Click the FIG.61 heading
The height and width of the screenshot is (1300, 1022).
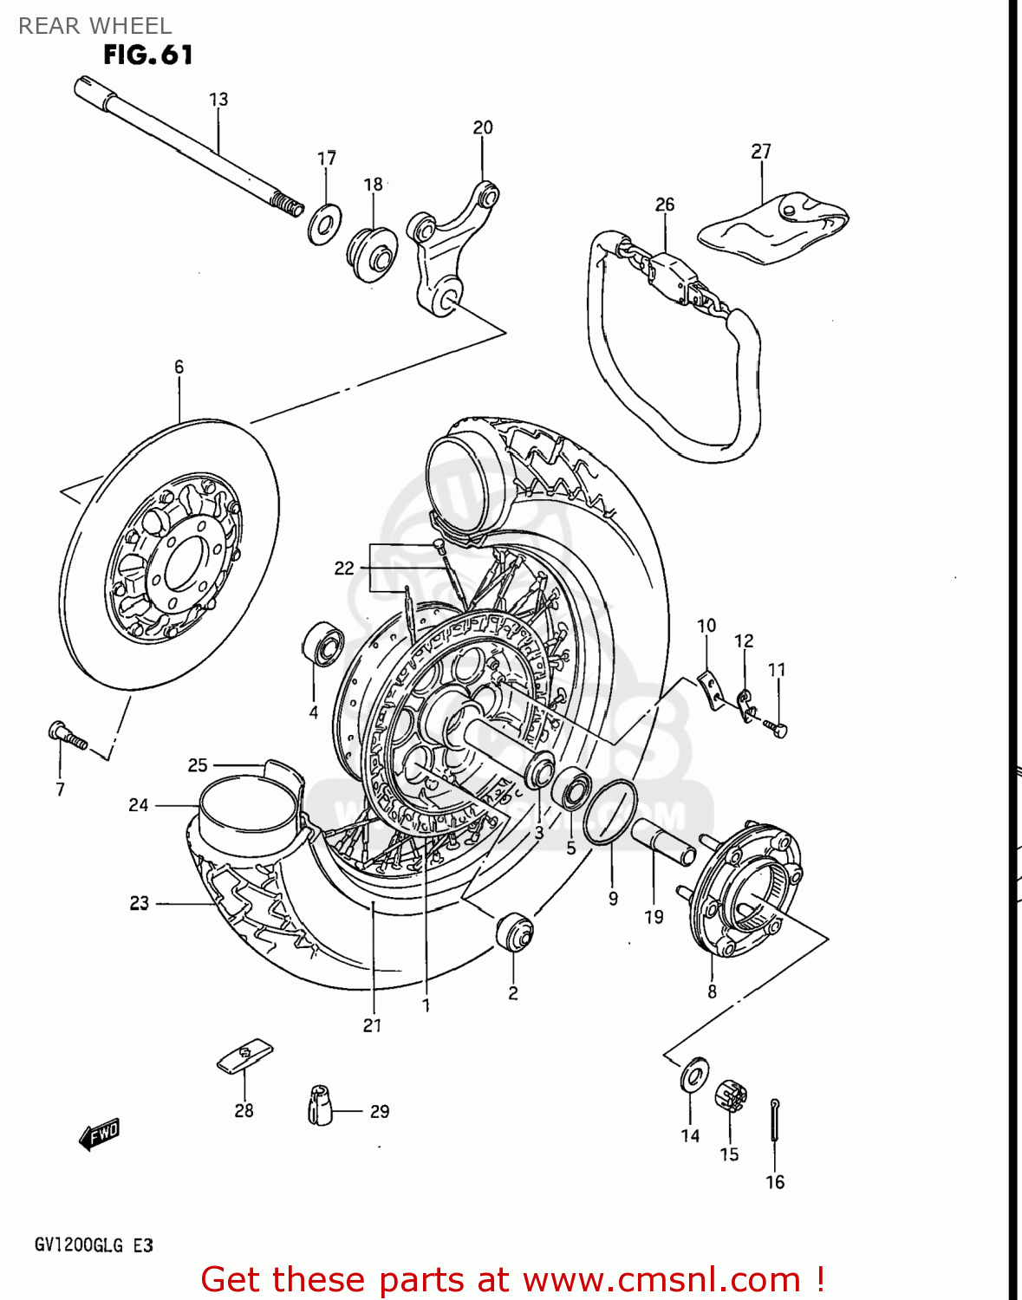(147, 55)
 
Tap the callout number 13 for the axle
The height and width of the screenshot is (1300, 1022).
(218, 100)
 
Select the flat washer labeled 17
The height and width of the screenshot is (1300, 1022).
(324, 225)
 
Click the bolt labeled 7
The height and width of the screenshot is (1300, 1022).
(68, 735)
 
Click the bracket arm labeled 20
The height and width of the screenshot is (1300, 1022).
(451, 249)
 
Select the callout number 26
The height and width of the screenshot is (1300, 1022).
(665, 205)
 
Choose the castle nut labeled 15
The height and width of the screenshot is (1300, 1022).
(731, 1097)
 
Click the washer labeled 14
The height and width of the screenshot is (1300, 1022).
(693, 1075)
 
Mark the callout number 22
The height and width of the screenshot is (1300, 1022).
(344, 568)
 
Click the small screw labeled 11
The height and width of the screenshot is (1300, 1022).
(777, 728)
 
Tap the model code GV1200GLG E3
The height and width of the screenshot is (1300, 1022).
(94, 1245)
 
